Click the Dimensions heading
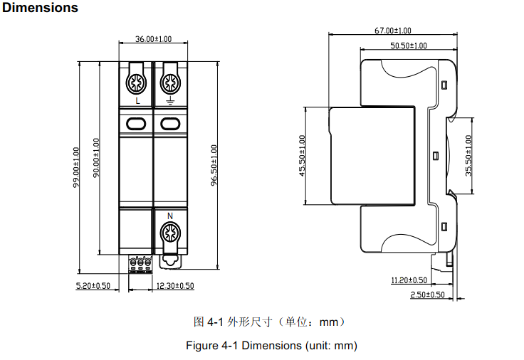[x=41, y=9]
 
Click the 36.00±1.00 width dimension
[x=153, y=39]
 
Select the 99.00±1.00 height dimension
[x=76, y=167]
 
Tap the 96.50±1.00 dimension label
[x=214, y=164]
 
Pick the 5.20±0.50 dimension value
[x=93, y=286]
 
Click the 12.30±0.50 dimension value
[x=174, y=286]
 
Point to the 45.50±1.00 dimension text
[x=302, y=156]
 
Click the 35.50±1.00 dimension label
[x=468, y=156]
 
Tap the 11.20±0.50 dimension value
[x=409, y=280]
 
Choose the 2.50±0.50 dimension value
[x=427, y=295]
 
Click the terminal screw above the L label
[x=137, y=83]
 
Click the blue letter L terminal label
[x=137, y=102]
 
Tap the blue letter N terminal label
[x=169, y=216]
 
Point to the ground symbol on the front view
[x=169, y=102]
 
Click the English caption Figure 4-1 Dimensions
[x=271, y=346]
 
